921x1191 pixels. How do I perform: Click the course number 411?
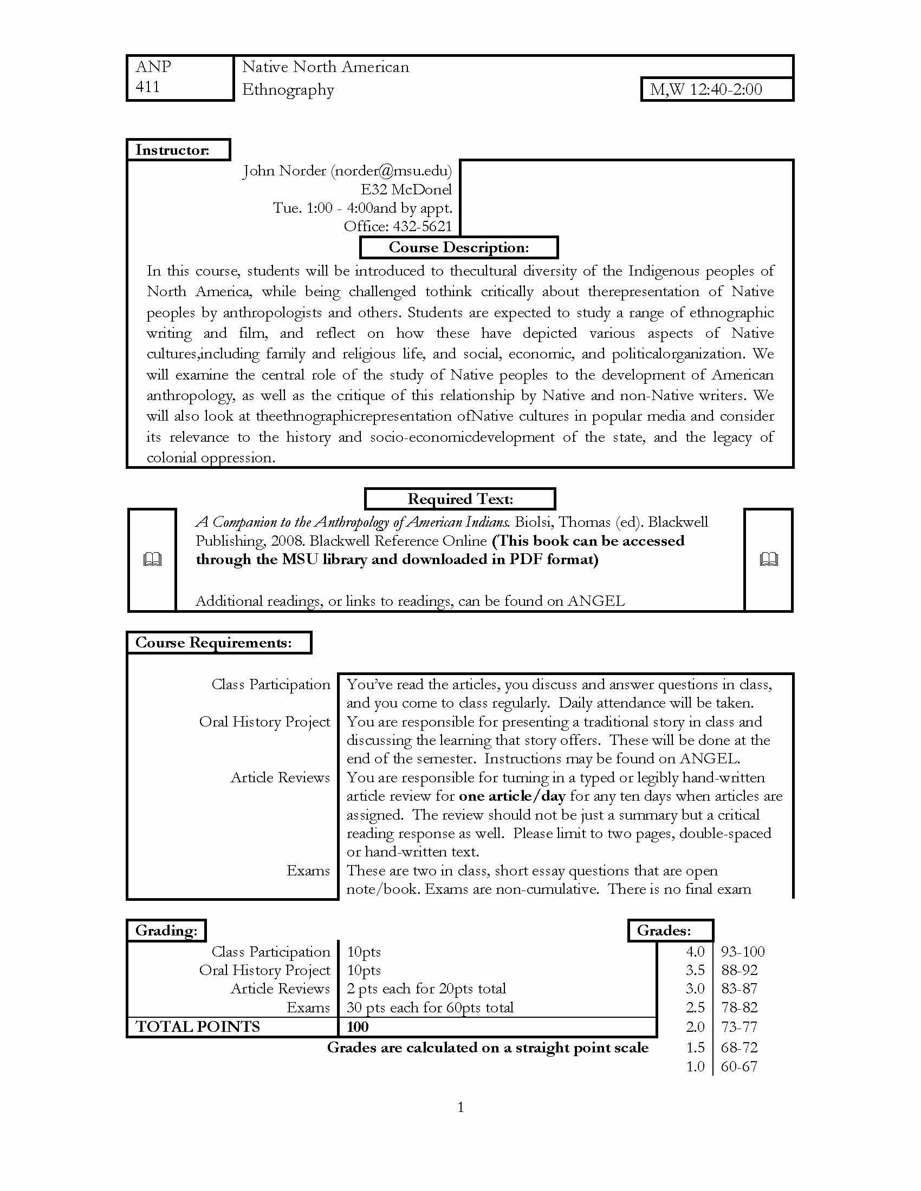click(147, 87)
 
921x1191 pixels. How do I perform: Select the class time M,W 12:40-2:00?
click(705, 90)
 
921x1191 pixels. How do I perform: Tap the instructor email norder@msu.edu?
click(391, 171)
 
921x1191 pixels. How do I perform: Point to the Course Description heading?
click(458, 247)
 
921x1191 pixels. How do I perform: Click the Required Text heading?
click(459, 499)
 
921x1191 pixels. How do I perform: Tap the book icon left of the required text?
click(152, 560)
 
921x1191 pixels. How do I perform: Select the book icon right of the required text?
click(768, 560)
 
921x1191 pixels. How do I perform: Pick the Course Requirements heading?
click(213, 643)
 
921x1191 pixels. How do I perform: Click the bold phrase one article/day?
click(512, 796)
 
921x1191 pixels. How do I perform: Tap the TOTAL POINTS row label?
click(198, 1027)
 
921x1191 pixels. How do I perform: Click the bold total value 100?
click(358, 1028)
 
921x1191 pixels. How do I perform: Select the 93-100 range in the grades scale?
click(742, 952)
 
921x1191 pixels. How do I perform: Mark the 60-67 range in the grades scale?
click(739, 1066)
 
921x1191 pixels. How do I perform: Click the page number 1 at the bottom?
click(460, 1108)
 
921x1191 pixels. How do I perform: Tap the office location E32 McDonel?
click(406, 190)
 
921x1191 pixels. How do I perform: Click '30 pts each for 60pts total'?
click(430, 1008)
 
